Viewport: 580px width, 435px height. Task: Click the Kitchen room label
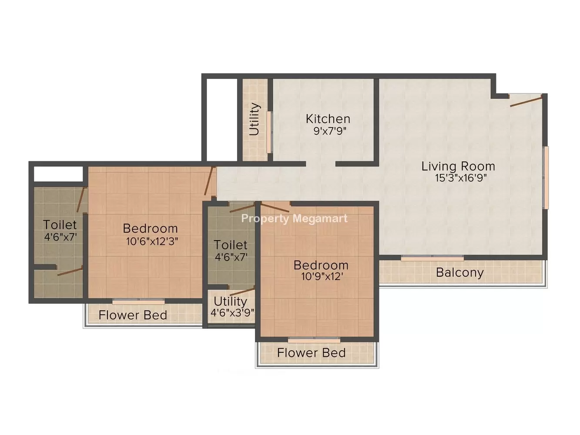pos(328,119)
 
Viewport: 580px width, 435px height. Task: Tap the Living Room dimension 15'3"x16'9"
pos(461,178)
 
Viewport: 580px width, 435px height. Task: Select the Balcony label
pos(460,273)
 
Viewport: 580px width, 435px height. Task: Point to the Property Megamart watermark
pos(295,219)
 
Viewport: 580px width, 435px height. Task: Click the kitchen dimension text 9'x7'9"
pos(330,131)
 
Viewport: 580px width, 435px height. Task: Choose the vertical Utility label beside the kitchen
pos(255,119)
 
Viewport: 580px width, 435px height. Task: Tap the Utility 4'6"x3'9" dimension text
pos(232,313)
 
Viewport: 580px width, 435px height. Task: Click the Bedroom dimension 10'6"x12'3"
pos(152,241)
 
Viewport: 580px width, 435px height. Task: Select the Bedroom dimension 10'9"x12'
pos(322,277)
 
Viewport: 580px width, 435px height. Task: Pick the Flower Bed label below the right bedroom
pos(311,353)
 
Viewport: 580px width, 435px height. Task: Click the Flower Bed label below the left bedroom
pos(133,315)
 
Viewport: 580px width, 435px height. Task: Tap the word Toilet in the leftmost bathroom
pos(60,225)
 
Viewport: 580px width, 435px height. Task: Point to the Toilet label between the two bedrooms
pos(231,245)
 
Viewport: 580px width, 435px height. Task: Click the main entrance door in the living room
pos(526,100)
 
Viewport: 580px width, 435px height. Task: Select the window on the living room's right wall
pos(546,177)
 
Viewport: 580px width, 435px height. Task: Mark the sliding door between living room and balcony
pos(432,258)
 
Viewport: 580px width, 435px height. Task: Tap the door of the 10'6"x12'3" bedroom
pos(209,181)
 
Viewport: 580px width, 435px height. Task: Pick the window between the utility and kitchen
pos(269,132)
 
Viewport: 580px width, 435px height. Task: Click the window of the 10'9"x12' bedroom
pos(314,340)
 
